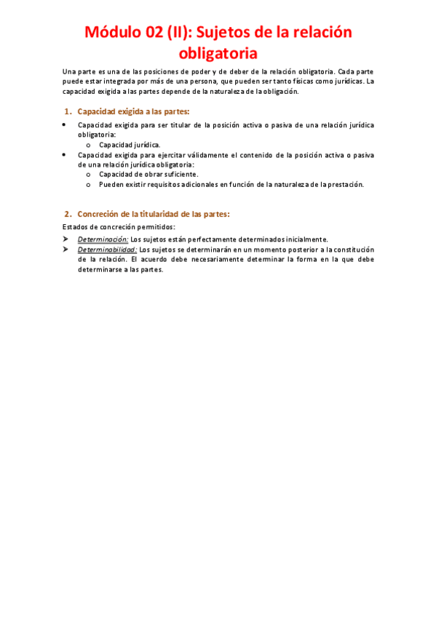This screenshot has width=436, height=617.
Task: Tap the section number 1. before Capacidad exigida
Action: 68,111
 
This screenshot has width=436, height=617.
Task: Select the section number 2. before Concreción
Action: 68,214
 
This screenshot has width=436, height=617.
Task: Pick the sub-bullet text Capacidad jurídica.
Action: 130,145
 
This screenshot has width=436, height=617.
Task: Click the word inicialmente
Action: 301,239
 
